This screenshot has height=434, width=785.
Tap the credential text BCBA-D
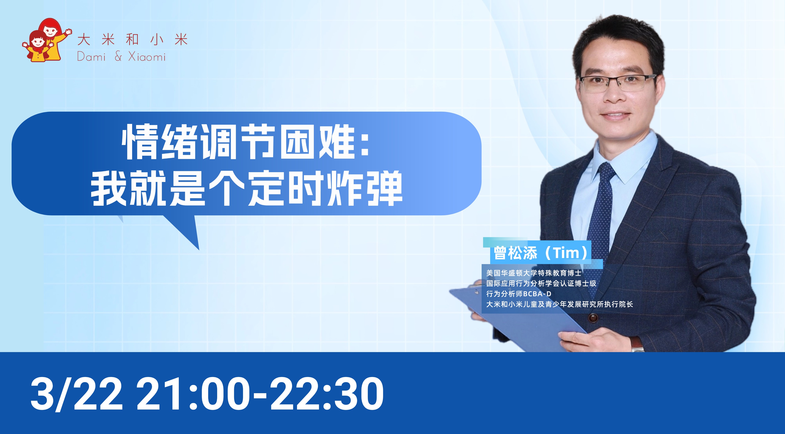(537, 294)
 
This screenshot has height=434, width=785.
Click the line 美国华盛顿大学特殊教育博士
(534, 273)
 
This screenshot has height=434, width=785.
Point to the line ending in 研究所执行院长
(559, 304)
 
